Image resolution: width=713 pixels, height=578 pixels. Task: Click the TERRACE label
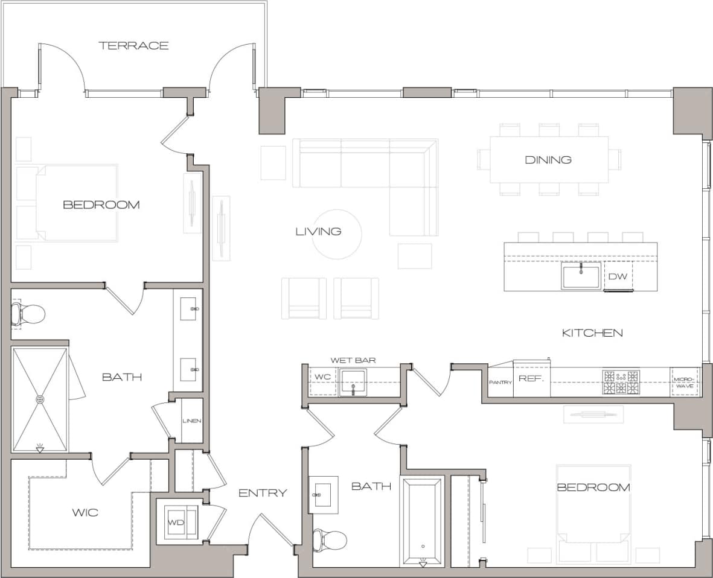click(x=133, y=46)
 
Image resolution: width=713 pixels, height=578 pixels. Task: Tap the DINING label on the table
click(x=548, y=160)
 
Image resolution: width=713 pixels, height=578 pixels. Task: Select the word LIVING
click(x=318, y=231)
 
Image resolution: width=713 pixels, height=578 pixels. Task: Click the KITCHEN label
click(x=592, y=332)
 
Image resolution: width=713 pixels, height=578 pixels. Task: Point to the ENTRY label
click(x=263, y=493)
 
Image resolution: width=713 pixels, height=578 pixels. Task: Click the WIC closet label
click(x=85, y=513)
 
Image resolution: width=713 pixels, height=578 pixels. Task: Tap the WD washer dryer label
click(x=176, y=522)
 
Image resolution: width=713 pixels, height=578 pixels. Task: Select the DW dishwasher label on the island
click(x=616, y=277)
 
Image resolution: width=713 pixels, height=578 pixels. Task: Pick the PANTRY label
click(x=500, y=383)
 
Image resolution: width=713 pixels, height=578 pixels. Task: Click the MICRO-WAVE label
click(x=685, y=382)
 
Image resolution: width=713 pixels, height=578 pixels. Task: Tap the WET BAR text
click(x=353, y=360)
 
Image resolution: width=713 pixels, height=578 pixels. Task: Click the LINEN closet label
click(x=192, y=421)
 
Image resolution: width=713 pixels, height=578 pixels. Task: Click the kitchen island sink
click(x=581, y=276)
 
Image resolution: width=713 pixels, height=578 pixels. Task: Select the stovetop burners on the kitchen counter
click(x=621, y=383)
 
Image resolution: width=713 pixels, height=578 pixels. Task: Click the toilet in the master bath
click(x=28, y=314)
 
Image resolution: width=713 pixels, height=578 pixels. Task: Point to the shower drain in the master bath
click(x=40, y=399)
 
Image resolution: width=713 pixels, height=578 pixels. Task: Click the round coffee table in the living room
click(x=337, y=234)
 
